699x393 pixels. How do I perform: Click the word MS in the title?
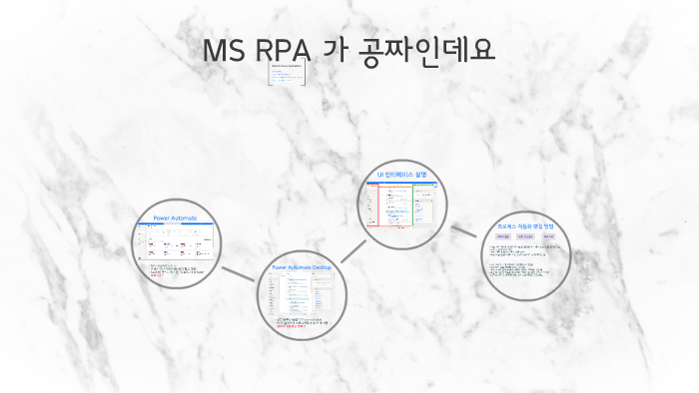(x=223, y=50)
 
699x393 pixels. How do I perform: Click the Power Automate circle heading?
(x=175, y=217)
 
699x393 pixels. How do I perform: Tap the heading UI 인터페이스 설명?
(x=400, y=175)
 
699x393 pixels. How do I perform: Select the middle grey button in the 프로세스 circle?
(x=526, y=236)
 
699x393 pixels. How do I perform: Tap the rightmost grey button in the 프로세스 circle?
(x=549, y=236)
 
